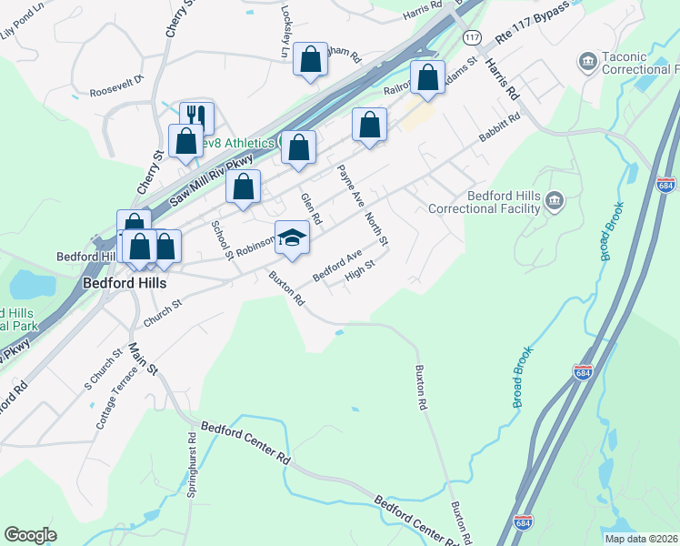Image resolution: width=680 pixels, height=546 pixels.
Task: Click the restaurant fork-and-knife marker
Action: click(x=196, y=116)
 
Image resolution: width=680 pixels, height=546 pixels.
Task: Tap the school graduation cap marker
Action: click(x=293, y=238)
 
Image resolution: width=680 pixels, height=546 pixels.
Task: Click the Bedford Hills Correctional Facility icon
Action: click(x=555, y=201)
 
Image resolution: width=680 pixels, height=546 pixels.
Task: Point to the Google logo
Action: click(x=30, y=535)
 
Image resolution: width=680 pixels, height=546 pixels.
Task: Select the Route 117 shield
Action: click(x=470, y=36)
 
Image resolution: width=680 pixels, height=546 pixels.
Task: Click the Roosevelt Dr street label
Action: click(x=116, y=91)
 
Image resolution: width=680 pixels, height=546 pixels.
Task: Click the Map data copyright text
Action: click(x=641, y=539)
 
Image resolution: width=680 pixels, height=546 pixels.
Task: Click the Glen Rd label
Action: click(x=311, y=208)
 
